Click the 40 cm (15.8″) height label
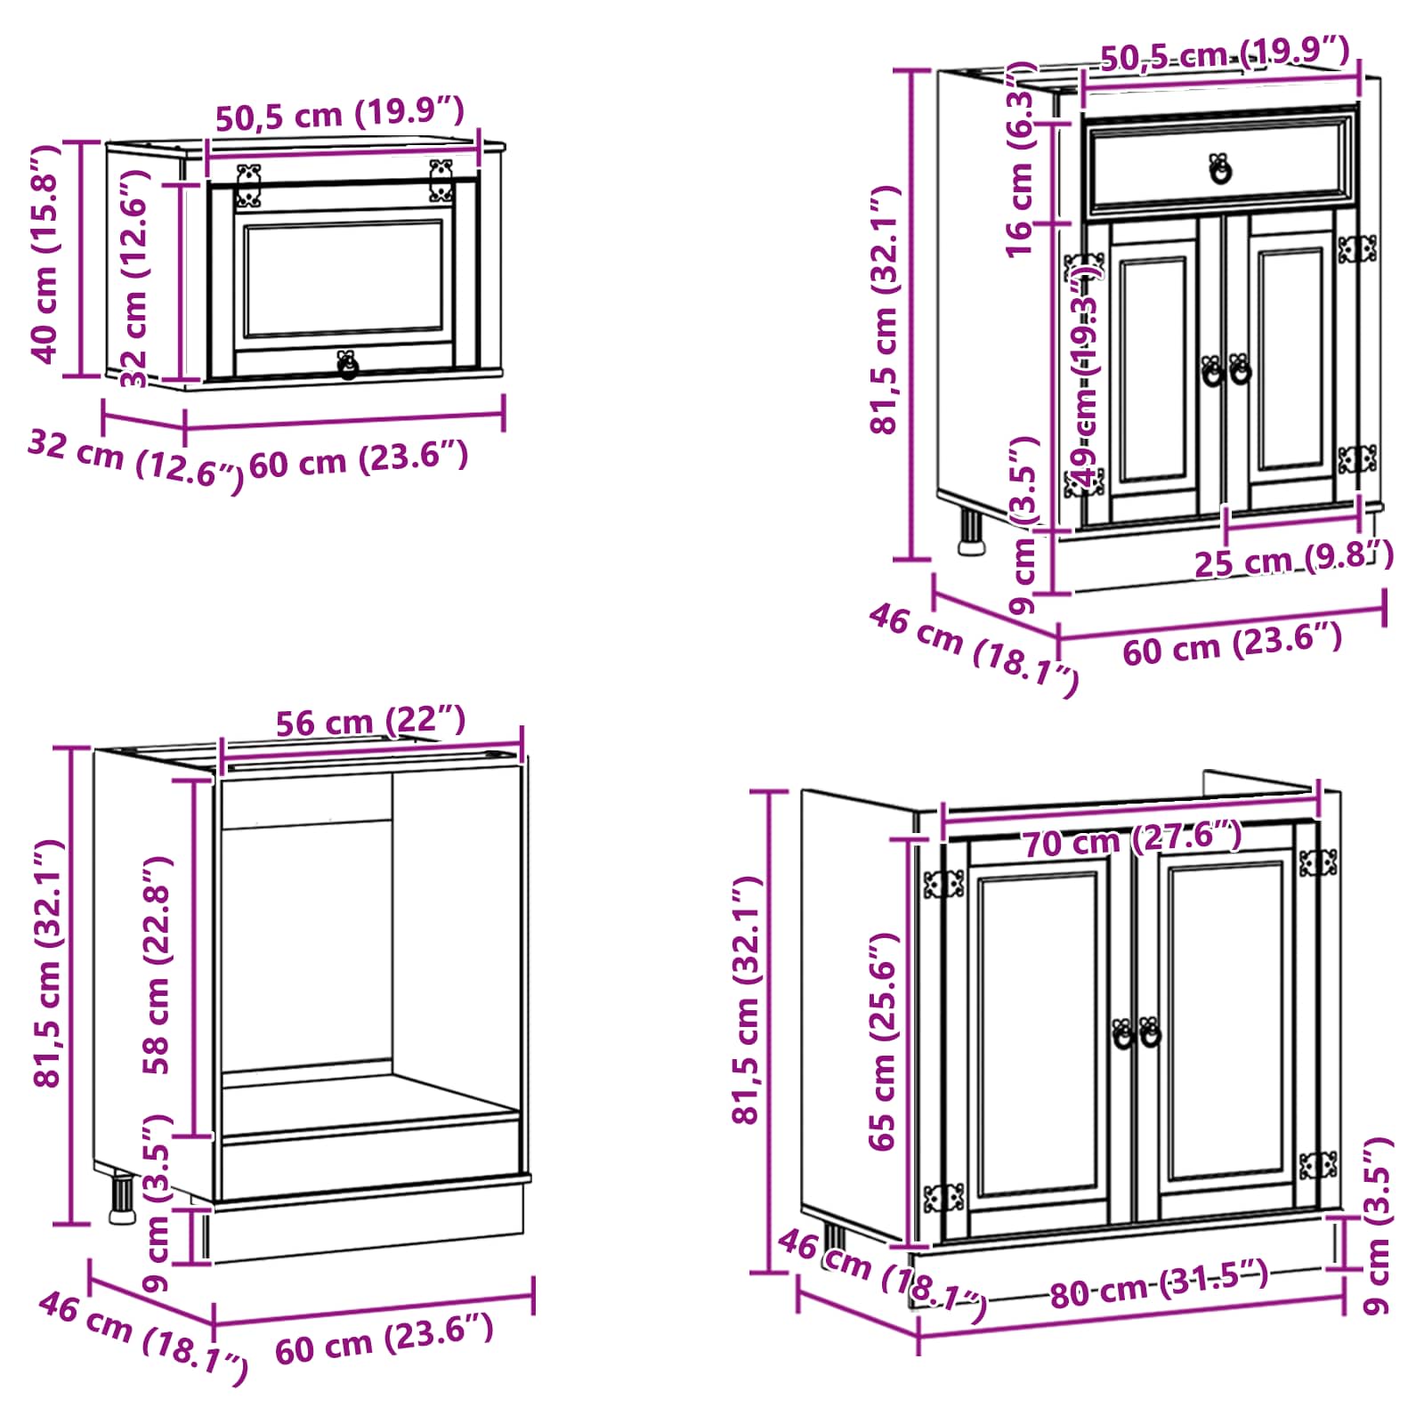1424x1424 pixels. pos(44,255)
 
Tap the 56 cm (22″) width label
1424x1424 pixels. pos(370,721)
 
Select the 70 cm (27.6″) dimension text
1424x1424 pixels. pos(1131,839)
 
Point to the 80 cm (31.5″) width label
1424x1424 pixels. pos(1159,1284)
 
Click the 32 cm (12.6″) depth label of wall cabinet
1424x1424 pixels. pos(135,455)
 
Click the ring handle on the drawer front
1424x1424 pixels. pos(1220,168)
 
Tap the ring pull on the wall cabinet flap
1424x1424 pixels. pos(347,364)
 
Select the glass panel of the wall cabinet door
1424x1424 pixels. pos(344,279)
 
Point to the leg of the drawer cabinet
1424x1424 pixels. pos(970,531)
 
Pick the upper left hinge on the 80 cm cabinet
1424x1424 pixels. pos(943,884)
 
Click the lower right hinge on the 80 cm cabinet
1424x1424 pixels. pos(1318,1165)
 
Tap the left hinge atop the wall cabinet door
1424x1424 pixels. pos(249,185)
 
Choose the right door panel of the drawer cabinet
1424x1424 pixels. pos(1290,366)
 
